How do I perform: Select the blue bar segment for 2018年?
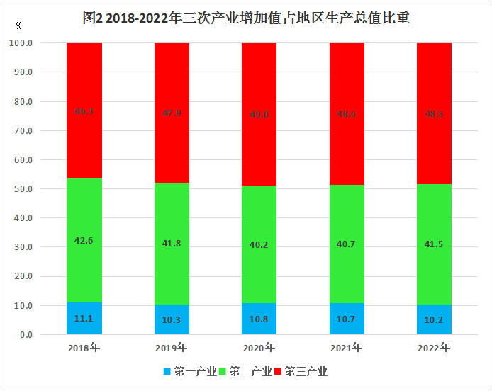pos(84,319)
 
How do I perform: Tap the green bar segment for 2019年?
pos(172,243)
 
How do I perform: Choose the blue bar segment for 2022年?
pos(434,319)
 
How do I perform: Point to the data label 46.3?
pos(84,111)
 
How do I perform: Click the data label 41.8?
pos(172,243)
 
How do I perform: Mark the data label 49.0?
pos(259,113)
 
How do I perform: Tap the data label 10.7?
pos(347,319)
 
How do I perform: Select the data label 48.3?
pos(434,113)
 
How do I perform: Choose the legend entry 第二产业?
pos(245,371)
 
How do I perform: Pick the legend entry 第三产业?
pos(301,371)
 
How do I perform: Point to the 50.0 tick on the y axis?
pos(23,189)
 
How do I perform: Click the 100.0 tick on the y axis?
pos(21,43)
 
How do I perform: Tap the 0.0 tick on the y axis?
pos(26,335)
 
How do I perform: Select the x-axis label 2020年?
pos(259,348)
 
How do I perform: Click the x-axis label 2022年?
pos(434,348)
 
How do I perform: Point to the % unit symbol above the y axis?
pos(18,25)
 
